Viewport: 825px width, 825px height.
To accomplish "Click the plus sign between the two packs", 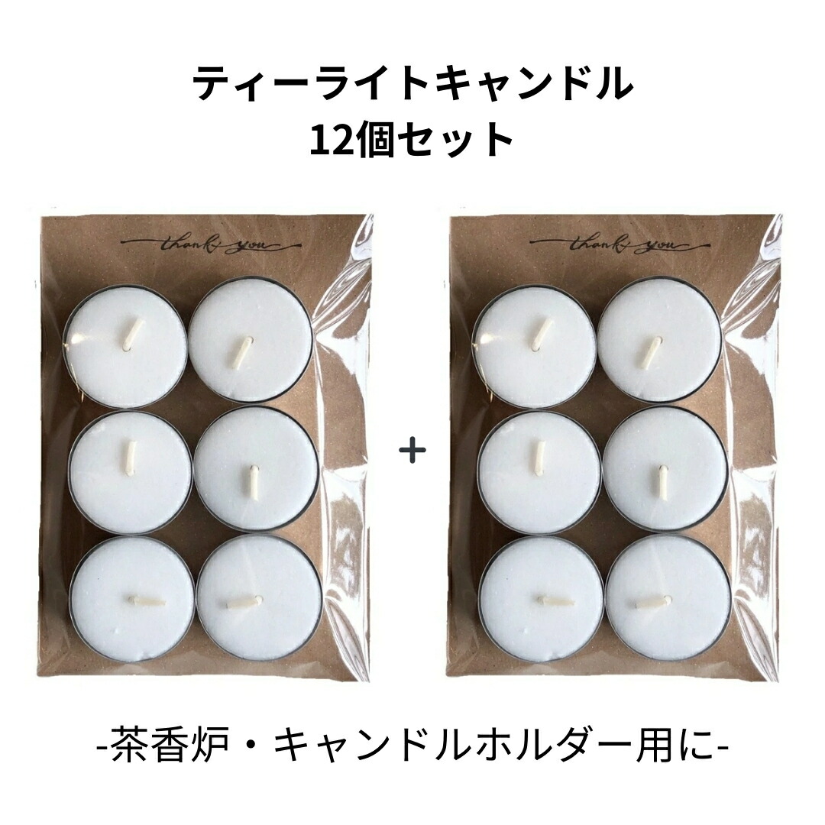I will (412, 450).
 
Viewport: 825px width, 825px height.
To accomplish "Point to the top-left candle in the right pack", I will (535, 343).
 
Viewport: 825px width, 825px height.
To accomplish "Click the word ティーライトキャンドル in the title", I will (412, 84).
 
